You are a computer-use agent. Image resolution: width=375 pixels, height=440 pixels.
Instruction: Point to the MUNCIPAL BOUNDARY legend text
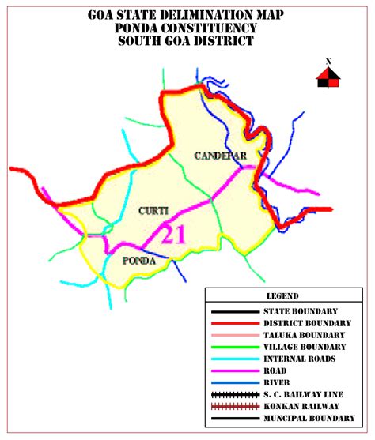[x=310, y=418]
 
